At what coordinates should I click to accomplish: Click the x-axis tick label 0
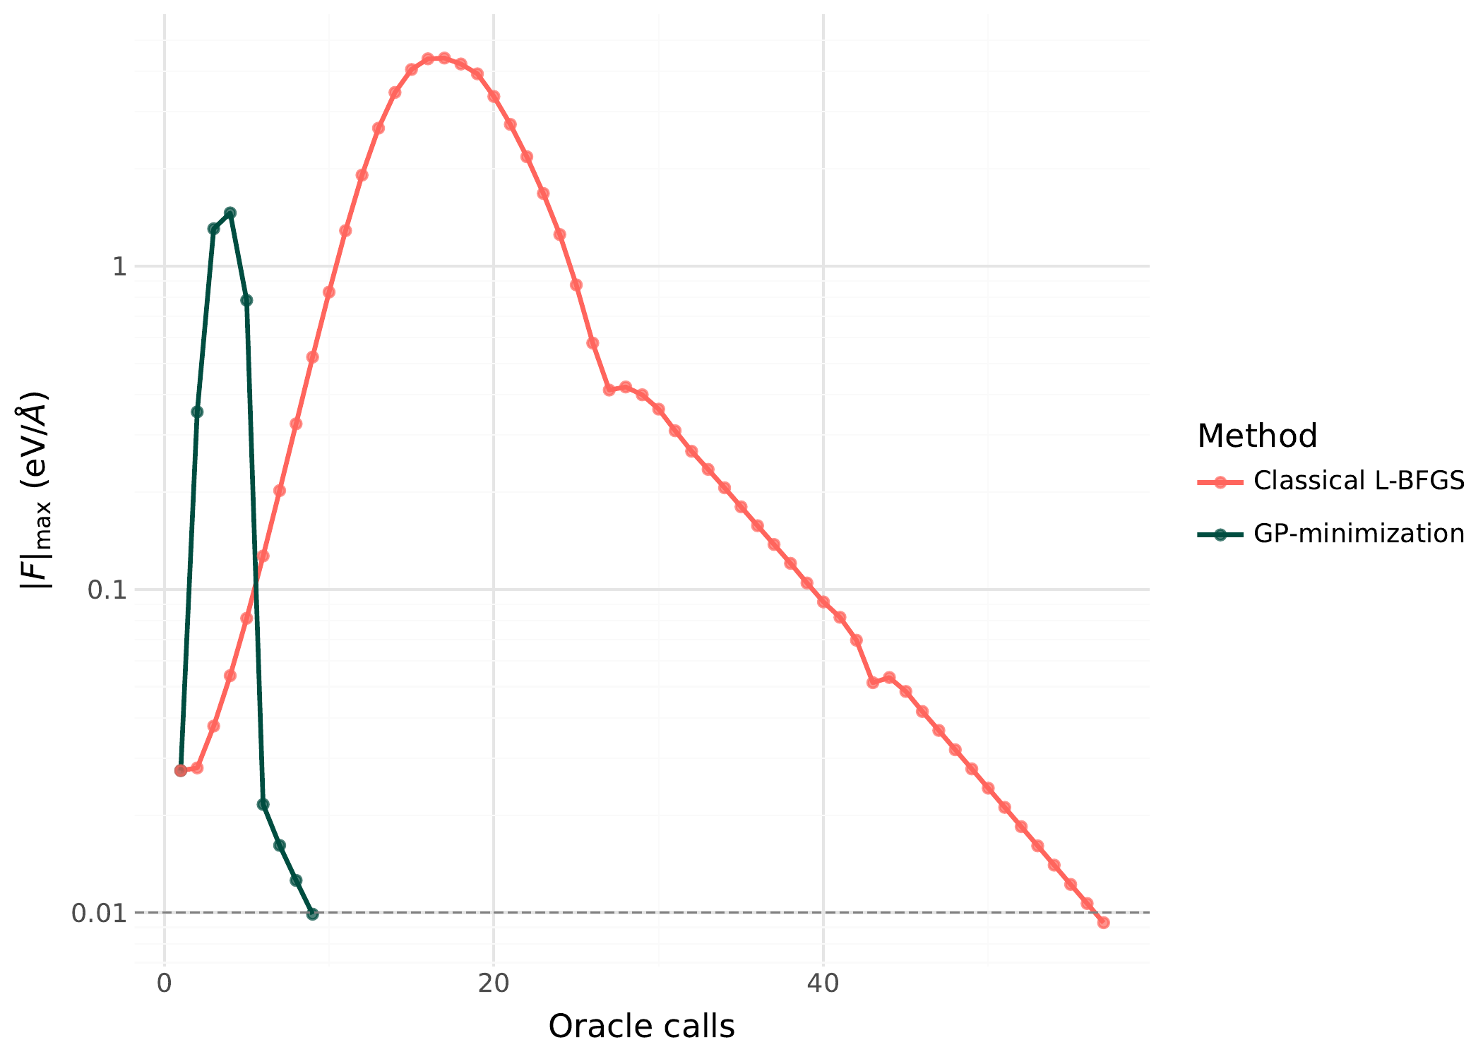click(165, 984)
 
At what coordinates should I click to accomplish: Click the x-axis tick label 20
click(494, 984)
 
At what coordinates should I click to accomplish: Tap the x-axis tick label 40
click(823, 984)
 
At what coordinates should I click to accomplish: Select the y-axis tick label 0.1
click(107, 590)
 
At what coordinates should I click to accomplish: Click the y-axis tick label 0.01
click(99, 913)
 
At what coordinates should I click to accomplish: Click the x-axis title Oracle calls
click(641, 1027)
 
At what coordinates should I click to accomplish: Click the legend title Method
click(1257, 436)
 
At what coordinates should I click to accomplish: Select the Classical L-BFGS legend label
click(1359, 481)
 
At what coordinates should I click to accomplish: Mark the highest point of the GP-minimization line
click(230, 213)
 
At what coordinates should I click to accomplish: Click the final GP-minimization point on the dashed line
click(313, 914)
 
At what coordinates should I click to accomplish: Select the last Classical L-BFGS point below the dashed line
click(1103, 922)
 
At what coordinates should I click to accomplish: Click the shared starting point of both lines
click(181, 770)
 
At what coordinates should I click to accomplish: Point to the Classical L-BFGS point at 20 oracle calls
click(494, 97)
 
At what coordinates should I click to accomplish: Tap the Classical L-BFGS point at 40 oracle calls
click(823, 602)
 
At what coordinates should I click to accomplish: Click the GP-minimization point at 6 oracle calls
click(263, 804)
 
